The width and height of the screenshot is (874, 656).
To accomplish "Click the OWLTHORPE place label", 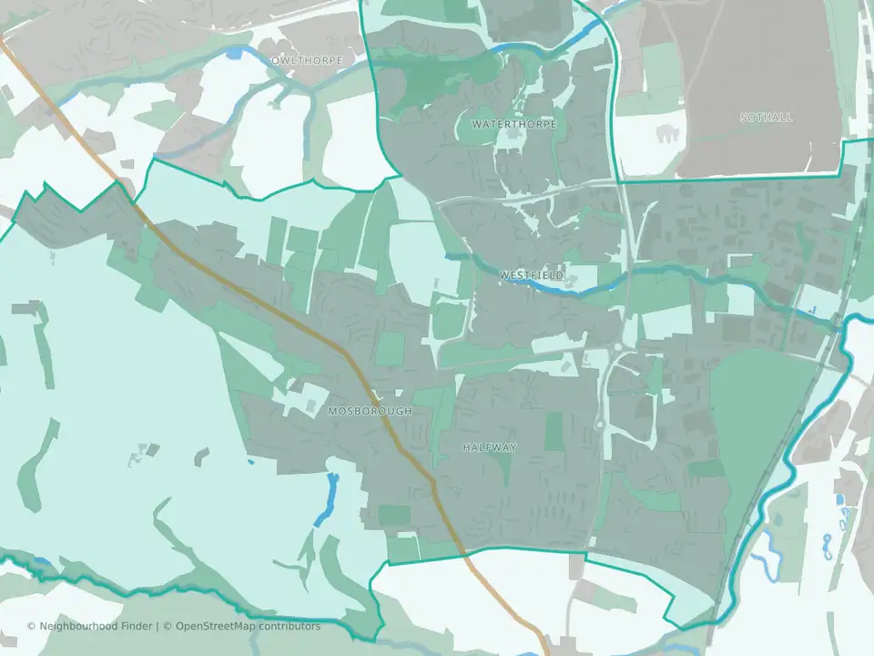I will (x=308, y=60).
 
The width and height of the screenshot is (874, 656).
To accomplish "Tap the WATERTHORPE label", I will (x=513, y=123).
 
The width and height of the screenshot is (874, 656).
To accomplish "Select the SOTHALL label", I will (x=766, y=118).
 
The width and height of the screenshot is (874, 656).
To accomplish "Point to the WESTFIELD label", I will (x=531, y=274).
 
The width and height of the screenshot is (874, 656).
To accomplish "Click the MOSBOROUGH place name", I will (x=370, y=411).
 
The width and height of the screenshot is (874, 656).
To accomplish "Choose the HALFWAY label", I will (x=489, y=447).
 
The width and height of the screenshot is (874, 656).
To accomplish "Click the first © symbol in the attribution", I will (x=32, y=626).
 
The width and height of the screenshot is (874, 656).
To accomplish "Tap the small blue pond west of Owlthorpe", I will (x=235, y=54).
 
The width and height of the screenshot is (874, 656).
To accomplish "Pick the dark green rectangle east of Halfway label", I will (x=554, y=432).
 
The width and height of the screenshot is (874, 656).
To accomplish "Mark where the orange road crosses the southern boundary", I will (x=463, y=551).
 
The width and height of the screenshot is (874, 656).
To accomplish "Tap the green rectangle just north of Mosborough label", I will (x=390, y=350).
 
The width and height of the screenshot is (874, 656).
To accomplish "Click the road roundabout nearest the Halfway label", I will (x=600, y=424).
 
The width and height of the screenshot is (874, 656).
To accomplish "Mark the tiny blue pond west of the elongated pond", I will (x=251, y=461).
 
